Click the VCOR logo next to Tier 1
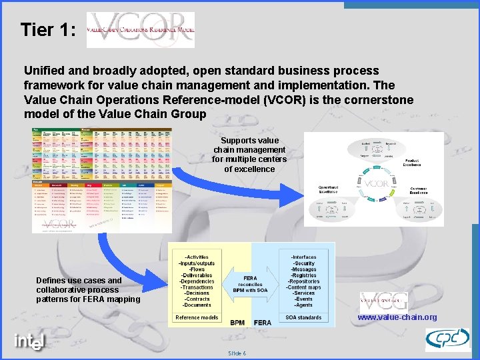[141, 30]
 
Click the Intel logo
[30, 341]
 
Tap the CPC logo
[447, 339]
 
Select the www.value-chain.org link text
[397, 317]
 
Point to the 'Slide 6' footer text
[237, 353]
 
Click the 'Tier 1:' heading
[48, 30]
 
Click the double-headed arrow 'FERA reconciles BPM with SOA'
[251, 284]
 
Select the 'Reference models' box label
[197, 317]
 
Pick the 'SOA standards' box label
[303, 317]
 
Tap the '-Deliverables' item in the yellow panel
[197, 275]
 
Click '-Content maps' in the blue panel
[303, 287]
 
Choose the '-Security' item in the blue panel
[303, 263]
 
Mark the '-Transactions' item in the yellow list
[197, 287]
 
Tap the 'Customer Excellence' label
[418, 190]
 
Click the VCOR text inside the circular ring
[376, 183]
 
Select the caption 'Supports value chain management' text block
[249, 155]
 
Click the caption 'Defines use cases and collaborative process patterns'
[88, 290]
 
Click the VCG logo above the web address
[383, 301]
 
